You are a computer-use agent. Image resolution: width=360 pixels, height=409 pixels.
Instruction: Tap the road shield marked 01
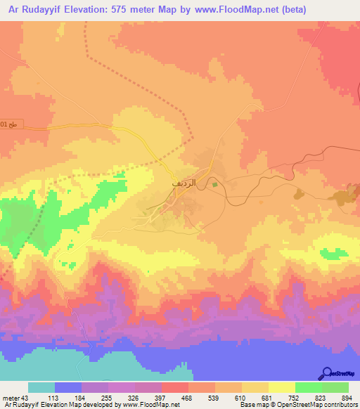[5, 124]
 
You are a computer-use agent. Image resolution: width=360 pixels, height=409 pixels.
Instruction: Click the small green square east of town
[215, 185]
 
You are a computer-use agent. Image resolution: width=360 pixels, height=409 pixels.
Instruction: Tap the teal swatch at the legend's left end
[41, 388]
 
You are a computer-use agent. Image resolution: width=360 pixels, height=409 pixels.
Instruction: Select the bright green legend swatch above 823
[308, 388]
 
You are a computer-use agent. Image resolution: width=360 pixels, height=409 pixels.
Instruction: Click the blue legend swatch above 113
[68, 388]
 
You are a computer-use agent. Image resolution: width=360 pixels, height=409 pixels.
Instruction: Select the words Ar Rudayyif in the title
[32, 10]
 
